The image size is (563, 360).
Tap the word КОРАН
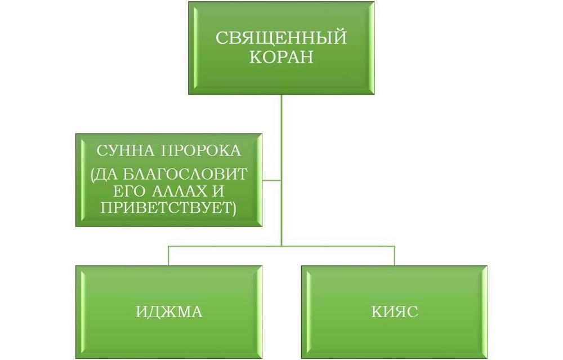[x=281, y=57]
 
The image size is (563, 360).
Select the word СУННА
[x=125, y=150]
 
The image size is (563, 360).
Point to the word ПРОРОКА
[x=200, y=150]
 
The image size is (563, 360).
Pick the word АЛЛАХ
[x=180, y=191]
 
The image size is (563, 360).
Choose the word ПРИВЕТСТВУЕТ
[x=166, y=208]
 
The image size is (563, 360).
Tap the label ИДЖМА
[x=169, y=312]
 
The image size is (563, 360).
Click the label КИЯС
[x=395, y=312]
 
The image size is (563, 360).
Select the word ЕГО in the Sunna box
[x=129, y=191]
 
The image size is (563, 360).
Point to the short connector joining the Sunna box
[x=271, y=180]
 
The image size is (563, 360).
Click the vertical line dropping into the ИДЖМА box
[x=169, y=256]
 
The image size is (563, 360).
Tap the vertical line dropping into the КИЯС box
[x=395, y=256]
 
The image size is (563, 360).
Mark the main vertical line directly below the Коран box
[x=281, y=170]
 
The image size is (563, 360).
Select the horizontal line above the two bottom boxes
[x=281, y=246]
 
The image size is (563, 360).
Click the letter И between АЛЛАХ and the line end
[x=218, y=191]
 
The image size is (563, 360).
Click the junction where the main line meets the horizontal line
[x=281, y=246]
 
